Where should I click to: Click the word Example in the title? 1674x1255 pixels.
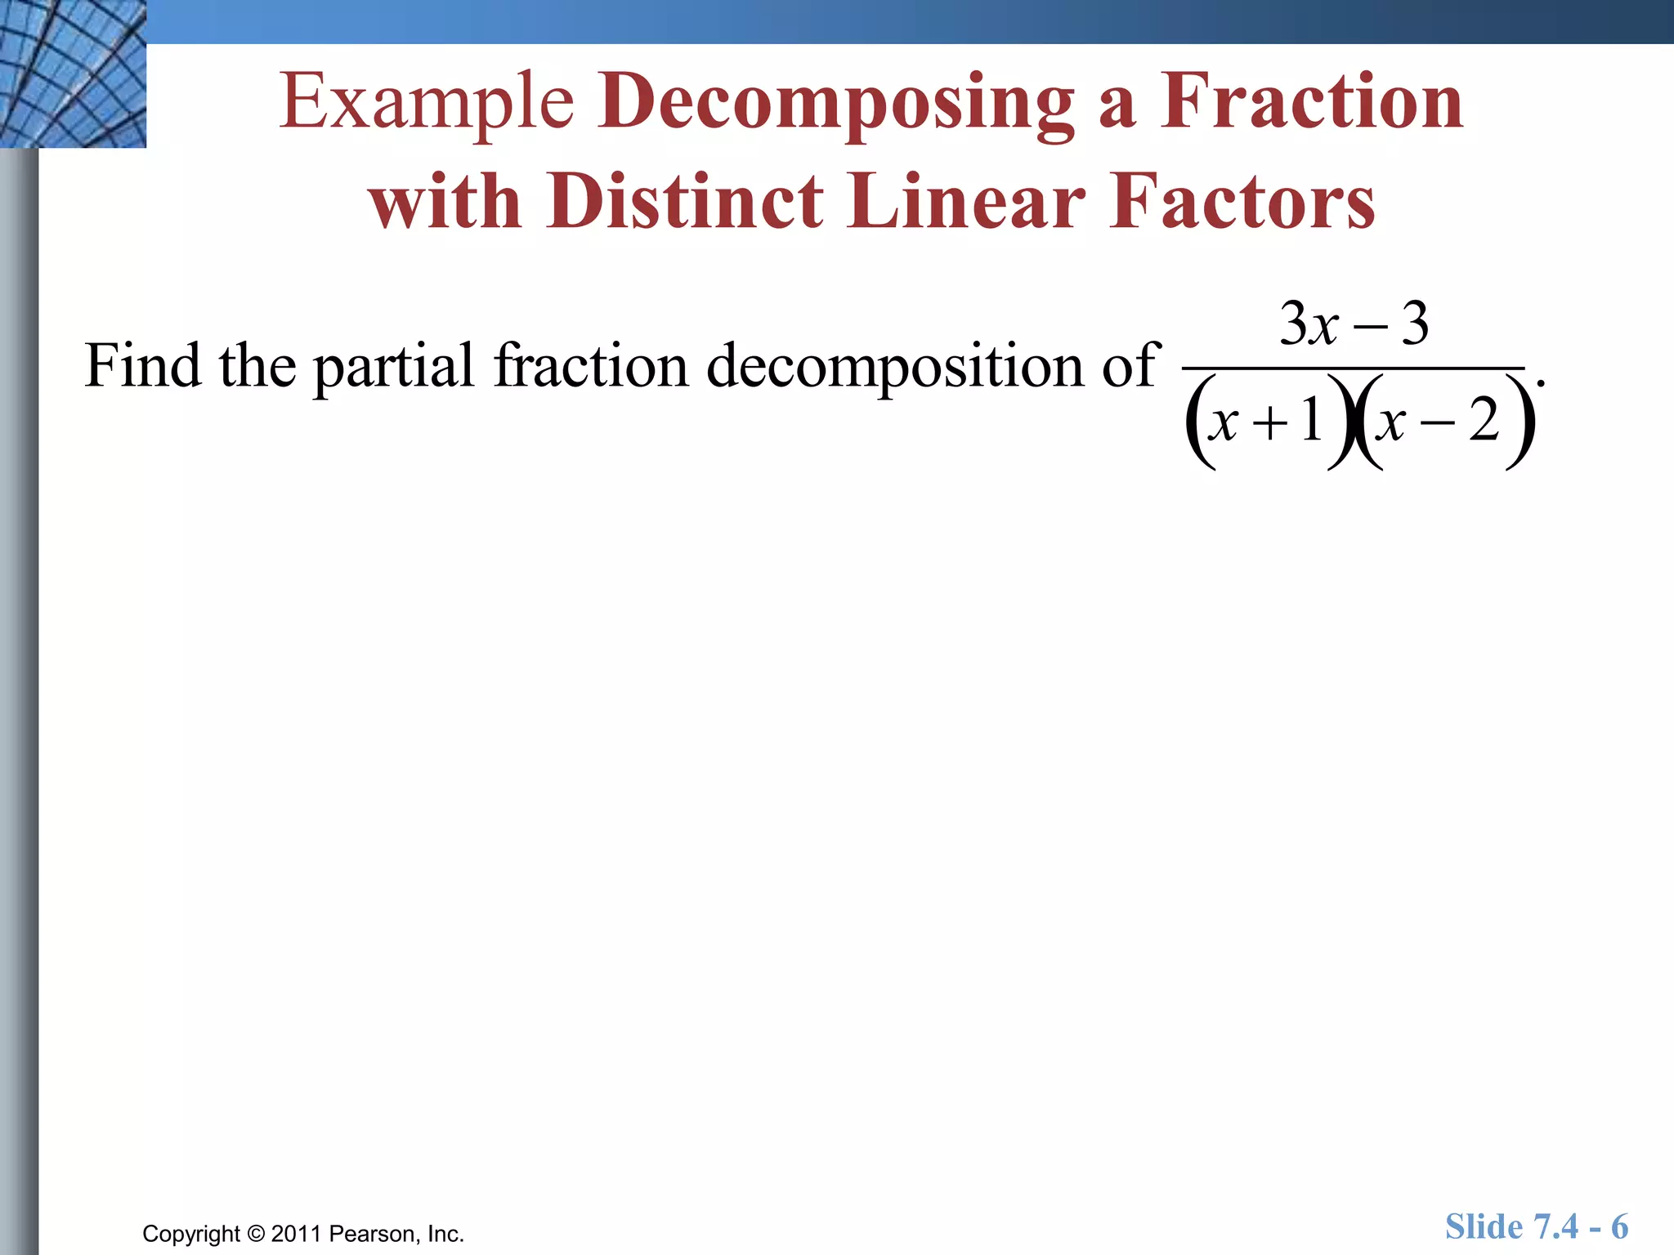coord(427,102)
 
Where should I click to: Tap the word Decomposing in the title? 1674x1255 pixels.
coord(835,102)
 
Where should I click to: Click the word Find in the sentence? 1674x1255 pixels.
coord(142,365)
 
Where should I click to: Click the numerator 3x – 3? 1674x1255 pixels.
coord(1354,324)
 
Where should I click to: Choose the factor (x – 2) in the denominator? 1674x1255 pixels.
coord(1443,422)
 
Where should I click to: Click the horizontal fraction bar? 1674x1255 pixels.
coord(1354,368)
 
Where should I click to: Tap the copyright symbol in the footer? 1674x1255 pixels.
coord(256,1234)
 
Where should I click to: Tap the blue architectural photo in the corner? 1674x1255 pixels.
coord(73,74)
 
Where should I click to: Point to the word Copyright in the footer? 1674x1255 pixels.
coord(191,1234)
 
